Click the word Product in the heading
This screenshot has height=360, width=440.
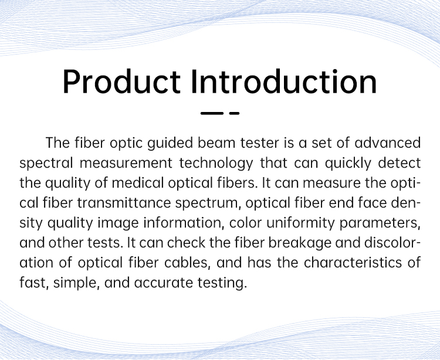tap(122, 81)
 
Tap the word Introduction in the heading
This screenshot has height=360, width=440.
tap(284, 81)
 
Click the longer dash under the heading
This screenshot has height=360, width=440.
tap(212, 113)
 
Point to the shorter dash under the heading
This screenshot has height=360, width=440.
tap(234, 113)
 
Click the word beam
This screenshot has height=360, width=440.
tap(216, 142)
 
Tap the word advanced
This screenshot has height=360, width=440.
tap(388, 142)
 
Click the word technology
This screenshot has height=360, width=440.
tap(216, 164)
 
